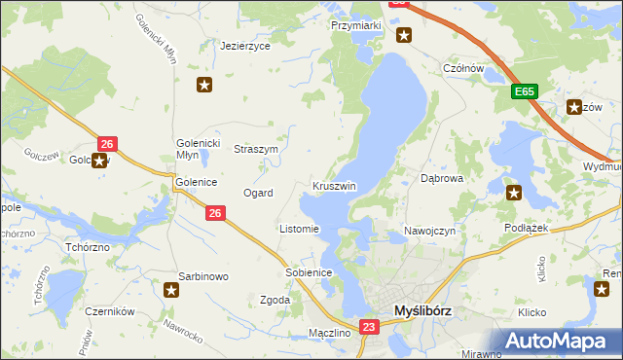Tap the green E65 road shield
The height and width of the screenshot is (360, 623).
[525, 91]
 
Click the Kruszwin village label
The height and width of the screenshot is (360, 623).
[334, 186]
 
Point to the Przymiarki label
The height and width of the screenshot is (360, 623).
[354, 26]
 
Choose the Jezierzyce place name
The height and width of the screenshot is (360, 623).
[244, 46]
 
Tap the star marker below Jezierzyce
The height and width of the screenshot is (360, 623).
[204, 85]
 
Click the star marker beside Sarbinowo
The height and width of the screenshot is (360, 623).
[171, 289]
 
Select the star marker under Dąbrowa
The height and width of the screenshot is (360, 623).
[513, 193]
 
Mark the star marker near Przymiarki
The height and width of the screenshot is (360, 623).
[404, 36]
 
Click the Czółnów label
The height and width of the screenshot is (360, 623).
[463, 68]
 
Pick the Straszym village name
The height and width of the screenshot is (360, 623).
[257, 150]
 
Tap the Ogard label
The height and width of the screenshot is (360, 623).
[258, 193]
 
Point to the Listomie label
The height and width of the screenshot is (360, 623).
[299, 230]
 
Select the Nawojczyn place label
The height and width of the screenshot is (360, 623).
[429, 231]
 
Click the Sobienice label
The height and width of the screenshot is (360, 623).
[310, 272]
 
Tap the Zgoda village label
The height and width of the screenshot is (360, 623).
[275, 301]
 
